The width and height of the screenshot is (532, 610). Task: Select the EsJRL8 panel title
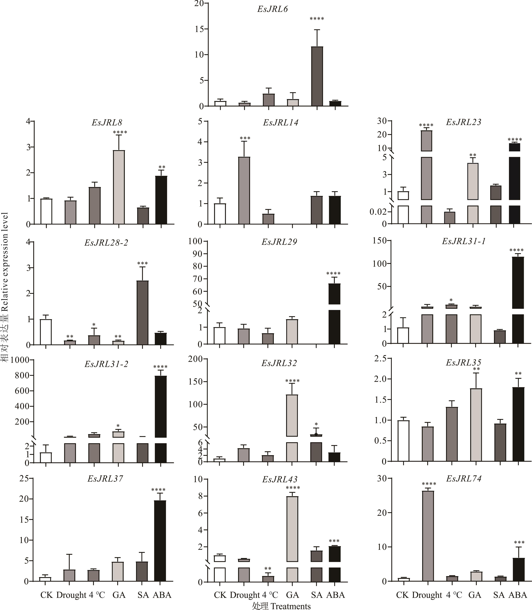click(107, 122)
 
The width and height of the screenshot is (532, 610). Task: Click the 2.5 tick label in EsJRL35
click(381, 359)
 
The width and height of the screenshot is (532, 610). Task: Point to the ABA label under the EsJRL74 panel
click(517, 595)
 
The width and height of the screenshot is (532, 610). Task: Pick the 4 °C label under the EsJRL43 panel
click(270, 595)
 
